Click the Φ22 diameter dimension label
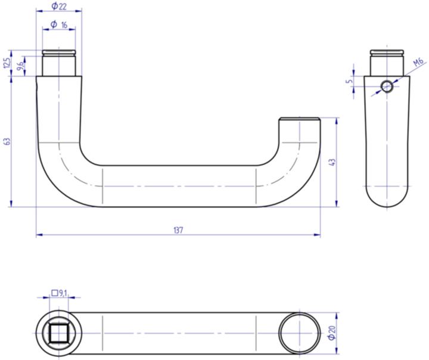(x=58, y=6)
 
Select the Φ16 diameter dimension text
(x=58, y=24)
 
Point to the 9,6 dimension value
(x=21, y=66)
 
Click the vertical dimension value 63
(x=7, y=141)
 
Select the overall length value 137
(x=178, y=230)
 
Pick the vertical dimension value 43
(x=332, y=162)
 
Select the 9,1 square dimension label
(x=63, y=293)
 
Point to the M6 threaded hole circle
(x=387, y=86)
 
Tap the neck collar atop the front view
(x=58, y=62)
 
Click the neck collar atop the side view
(x=387, y=62)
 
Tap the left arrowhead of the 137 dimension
(x=39, y=235)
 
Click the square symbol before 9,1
(x=55, y=293)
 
